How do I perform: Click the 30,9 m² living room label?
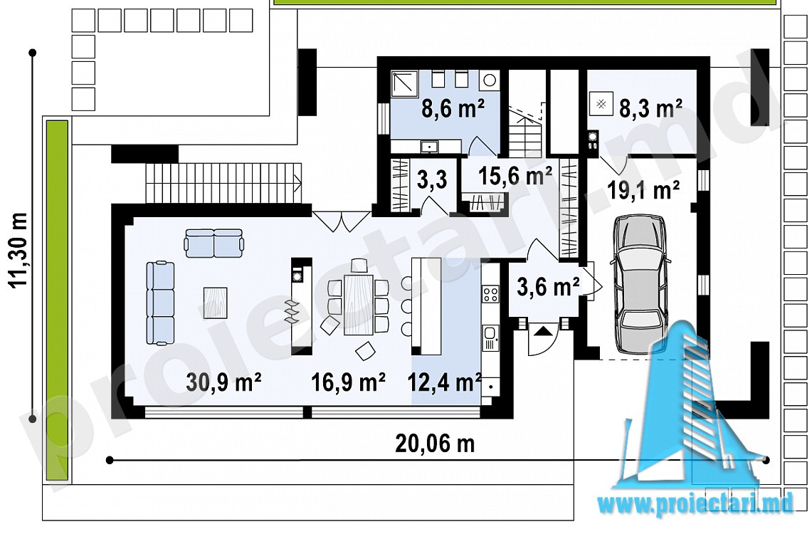click(223, 382)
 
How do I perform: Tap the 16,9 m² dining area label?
click(348, 382)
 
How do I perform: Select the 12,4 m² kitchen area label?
click(444, 382)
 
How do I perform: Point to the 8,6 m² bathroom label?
click(453, 109)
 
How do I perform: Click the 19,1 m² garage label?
click(644, 190)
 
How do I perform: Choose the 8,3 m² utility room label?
click(650, 109)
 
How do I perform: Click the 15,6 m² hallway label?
click(515, 176)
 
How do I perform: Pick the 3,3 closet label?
click(432, 181)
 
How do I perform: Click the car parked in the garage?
click(640, 284)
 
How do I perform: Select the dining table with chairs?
click(358, 305)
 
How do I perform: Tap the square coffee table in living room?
click(216, 303)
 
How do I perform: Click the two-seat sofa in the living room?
click(214, 244)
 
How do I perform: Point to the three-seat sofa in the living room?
click(160, 303)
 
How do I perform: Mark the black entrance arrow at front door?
click(542, 331)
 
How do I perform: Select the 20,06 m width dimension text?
click(435, 444)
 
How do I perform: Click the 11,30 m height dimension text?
click(18, 251)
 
